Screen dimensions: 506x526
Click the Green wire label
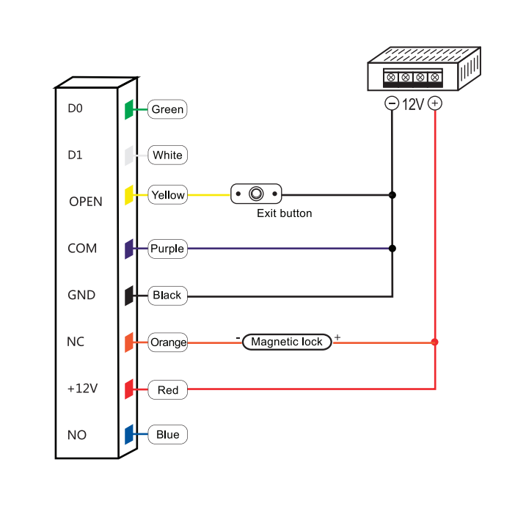point(167,109)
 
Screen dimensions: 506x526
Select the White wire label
point(167,155)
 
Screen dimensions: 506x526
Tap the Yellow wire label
point(167,194)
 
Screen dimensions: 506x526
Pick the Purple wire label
point(167,249)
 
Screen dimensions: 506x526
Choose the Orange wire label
point(168,342)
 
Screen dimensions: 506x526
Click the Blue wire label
point(167,435)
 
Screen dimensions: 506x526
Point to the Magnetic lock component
point(287,342)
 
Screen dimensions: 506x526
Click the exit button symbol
point(256,194)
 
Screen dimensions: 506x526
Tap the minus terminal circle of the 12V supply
point(392,103)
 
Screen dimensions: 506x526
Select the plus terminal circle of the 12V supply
point(435,103)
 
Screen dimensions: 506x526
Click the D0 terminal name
point(76,109)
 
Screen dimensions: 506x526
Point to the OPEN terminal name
point(85,202)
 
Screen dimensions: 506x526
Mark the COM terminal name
point(82,249)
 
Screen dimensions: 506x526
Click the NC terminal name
point(76,342)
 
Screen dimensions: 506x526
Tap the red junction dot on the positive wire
point(435,342)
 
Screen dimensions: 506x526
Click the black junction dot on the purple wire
point(392,249)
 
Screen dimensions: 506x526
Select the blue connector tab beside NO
point(128,435)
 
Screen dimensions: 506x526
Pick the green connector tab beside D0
point(128,109)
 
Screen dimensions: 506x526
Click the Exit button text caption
point(284,213)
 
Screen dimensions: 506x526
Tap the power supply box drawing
point(423,70)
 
